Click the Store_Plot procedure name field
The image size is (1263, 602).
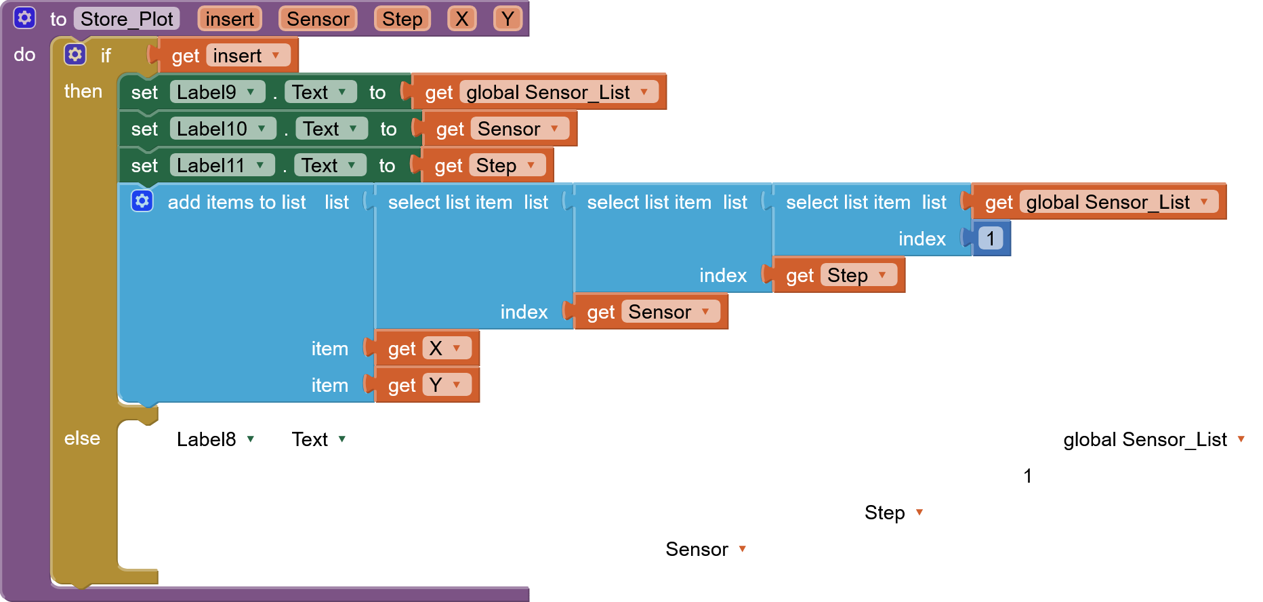(127, 19)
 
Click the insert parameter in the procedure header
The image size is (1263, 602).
(230, 19)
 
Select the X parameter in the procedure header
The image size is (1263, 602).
(461, 19)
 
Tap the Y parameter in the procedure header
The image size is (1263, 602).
(508, 19)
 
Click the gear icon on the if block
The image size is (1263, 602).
(75, 54)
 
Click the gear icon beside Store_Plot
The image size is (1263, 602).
(24, 18)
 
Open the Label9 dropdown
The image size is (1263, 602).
(217, 92)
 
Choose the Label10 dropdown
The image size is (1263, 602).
(222, 129)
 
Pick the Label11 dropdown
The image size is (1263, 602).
(222, 165)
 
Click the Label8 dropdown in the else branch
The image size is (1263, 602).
(217, 439)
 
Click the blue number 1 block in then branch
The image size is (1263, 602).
(991, 239)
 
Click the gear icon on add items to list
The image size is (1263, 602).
(142, 201)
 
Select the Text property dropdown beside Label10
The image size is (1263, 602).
(331, 129)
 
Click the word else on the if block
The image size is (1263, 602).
(82, 439)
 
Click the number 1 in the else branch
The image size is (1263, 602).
(1028, 476)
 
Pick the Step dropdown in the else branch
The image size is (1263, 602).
(895, 513)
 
